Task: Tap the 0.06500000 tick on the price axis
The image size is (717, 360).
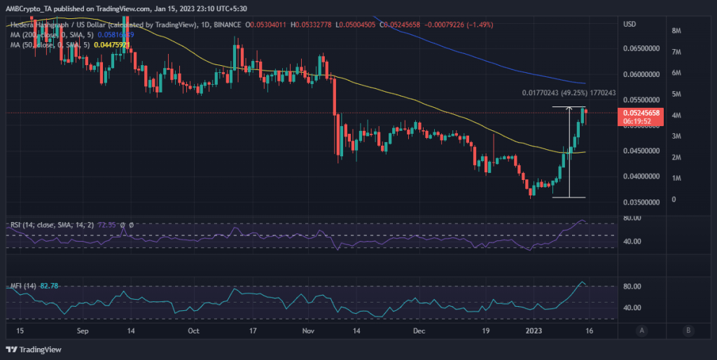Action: tap(639, 49)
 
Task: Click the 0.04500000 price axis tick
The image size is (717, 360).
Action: tap(639, 151)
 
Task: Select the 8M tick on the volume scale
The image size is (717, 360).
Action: tap(677, 31)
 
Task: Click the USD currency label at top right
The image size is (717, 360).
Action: tap(629, 25)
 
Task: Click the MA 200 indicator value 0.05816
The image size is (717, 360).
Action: tap(113, 34)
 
